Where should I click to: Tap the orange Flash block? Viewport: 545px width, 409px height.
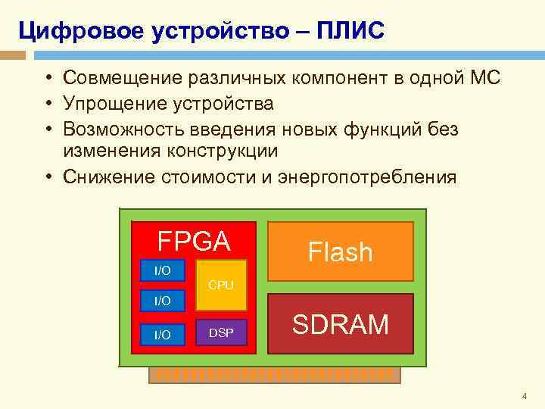point(340,251)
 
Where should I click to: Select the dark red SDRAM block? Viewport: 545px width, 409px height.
point(341,324)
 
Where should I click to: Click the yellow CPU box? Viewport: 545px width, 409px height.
point(221,285)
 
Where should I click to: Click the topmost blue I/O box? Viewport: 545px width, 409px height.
point(163,270)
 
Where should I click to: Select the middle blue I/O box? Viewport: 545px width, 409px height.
point(163,301)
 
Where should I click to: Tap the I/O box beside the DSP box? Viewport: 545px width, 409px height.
point(163,334)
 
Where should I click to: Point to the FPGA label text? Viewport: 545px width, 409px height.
point(193,241)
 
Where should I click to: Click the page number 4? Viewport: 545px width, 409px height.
point(523,396)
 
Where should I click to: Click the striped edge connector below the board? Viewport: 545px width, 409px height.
point(272,374)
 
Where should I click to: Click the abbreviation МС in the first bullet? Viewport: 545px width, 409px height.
point(484,78)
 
